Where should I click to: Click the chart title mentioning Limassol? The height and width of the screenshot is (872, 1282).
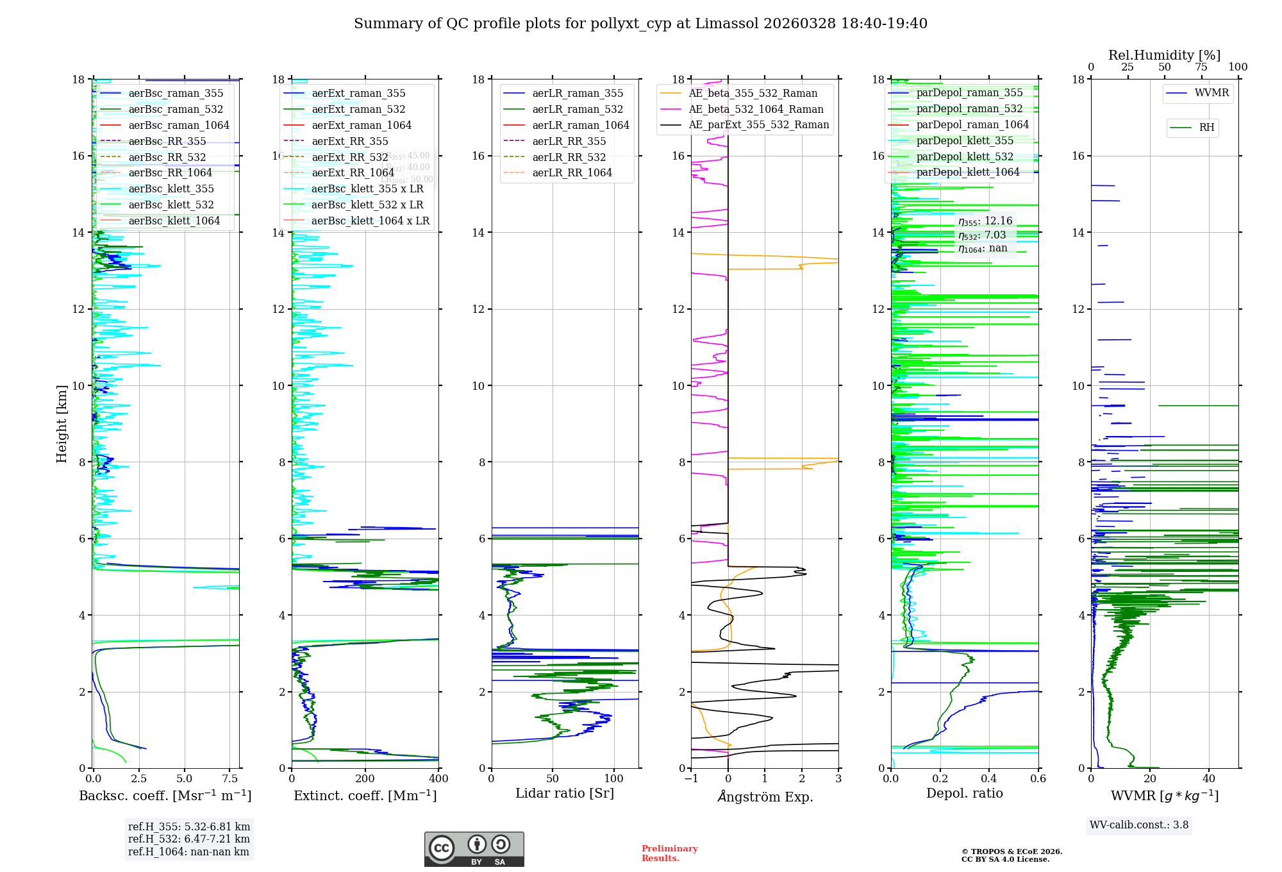[640, 24]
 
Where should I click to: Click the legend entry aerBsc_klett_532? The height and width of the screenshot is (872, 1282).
[171, 205]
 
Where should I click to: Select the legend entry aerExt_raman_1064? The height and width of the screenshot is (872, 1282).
[361, 126]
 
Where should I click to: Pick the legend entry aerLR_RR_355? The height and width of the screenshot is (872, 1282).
[569, 142]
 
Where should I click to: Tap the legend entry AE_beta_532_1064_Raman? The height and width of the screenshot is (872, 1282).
[756, 110]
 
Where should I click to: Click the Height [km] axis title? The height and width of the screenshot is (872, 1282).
[62, 424]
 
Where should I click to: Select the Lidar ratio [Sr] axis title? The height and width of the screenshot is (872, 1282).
[565, 794]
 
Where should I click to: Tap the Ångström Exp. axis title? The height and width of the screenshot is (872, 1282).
[765, 797]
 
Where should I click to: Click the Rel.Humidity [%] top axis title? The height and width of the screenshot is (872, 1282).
[1164, 56]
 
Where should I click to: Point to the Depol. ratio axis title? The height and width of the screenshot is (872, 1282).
[964, 794]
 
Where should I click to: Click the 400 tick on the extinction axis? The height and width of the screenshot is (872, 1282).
[439, 779]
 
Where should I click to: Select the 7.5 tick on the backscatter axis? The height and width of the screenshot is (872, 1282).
[230, 779]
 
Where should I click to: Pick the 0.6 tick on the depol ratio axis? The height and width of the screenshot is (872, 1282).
[1038, 779]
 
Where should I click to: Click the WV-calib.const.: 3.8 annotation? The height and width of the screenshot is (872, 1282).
[1138, 825]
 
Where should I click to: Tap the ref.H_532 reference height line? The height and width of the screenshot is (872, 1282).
[188, 839]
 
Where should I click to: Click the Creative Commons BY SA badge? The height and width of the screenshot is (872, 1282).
[474, 849]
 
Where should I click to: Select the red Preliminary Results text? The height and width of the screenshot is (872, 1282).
[669, 853]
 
